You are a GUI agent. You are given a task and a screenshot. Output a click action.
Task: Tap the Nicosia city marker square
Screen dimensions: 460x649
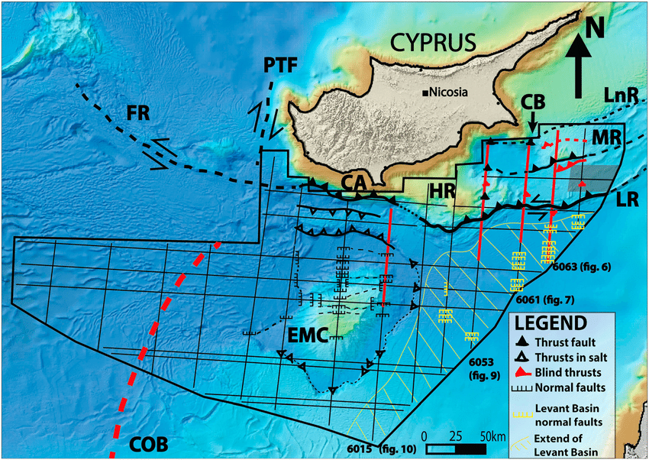[424, 94]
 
